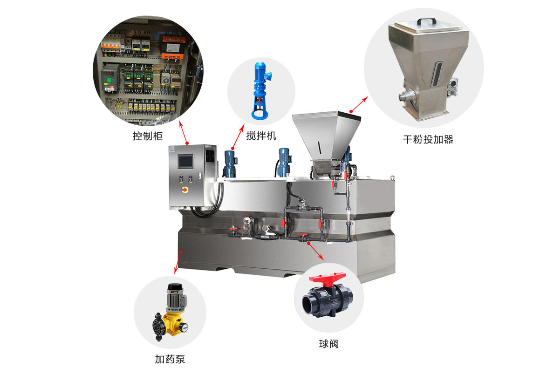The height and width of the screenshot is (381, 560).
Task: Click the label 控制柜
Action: click(x=148, y=136)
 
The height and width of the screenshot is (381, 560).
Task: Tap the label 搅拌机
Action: click(x=261, y=136)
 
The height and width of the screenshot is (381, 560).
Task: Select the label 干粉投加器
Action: click(x=428, y=139)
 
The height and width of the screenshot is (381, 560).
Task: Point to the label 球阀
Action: click(x=329, y=344)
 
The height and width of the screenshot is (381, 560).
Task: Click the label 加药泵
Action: click(x=170, y=359)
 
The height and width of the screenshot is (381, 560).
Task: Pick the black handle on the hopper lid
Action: click(x=426, y=21)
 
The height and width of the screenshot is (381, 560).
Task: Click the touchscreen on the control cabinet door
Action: click(x=185, y=161)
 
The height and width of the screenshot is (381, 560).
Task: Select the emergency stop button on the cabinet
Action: click(x=185, y=190)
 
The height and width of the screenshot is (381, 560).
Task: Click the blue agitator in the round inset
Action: click(x=261, y=91)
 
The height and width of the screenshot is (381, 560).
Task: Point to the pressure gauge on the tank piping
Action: click(x=247, y=221)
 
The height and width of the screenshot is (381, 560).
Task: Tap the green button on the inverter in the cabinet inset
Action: click(x=109, y=80)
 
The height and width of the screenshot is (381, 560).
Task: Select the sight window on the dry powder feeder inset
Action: click(x=437, y=74)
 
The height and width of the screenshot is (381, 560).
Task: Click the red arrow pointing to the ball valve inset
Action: click(x=316, y=252)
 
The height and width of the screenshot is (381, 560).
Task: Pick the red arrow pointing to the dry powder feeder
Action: click(x=359, y=104)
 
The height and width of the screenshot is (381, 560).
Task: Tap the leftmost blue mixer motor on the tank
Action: click(x=230, y=164)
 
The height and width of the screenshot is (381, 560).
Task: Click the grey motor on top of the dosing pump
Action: click(x=176, y=298)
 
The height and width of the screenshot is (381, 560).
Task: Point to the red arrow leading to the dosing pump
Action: click(x=178, y=263)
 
